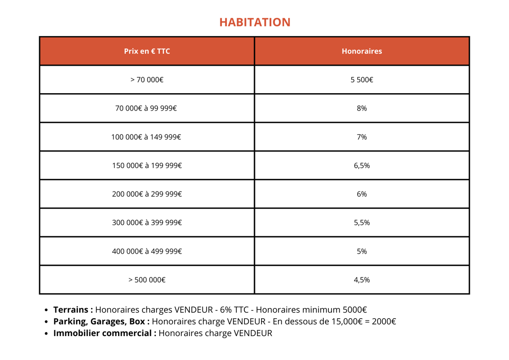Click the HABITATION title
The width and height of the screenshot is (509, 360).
pos(254,22)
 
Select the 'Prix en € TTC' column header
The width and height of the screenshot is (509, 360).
pos(147,51)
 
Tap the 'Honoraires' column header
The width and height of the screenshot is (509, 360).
pos(361,51)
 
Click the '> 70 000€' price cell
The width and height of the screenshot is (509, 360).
pos(147,79)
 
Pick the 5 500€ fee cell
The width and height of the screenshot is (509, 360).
pos(361,79)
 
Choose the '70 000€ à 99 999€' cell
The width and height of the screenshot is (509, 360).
pos(147,108)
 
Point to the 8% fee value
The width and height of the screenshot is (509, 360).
pos(361,108)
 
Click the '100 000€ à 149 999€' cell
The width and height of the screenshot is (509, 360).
pos(147,136)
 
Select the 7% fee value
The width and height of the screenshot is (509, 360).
pos(361,136)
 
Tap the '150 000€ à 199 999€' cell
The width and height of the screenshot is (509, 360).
pos(147,165)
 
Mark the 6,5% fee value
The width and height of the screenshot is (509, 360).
pos(361,165)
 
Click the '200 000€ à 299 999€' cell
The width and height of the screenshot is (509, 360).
pos(147,193)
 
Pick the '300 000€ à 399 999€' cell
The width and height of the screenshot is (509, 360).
pos(147,222)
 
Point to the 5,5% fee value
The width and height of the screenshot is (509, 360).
pos(361,222)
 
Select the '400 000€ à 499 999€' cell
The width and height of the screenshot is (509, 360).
pos(147,251)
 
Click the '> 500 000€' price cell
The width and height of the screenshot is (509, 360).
pos(147,280)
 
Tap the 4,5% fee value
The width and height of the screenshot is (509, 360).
pos(361,280)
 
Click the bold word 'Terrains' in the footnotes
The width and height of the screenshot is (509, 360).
pos(72,310)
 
